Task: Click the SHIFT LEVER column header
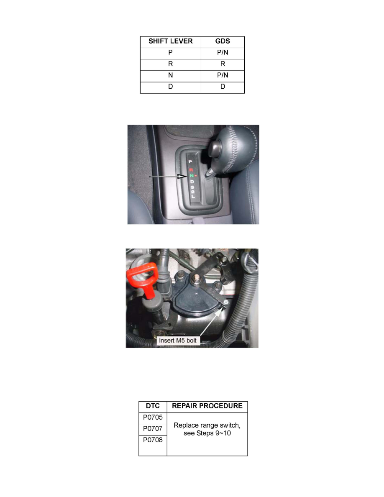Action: click(171, 42)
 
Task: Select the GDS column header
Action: click(223, 42)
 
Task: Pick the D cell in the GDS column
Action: click(223, 87)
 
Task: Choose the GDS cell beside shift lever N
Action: click(223, 76)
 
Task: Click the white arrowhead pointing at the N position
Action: click(181, 177)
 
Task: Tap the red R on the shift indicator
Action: click(191, 170)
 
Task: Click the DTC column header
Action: click(153, 406)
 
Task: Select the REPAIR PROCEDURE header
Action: click(207, 406)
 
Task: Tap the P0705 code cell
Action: click(153, 418)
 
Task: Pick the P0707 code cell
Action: click(153, 429)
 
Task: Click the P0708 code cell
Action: click(153, 440)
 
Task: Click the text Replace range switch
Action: click(207, 425)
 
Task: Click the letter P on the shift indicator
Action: click(190, 161)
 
